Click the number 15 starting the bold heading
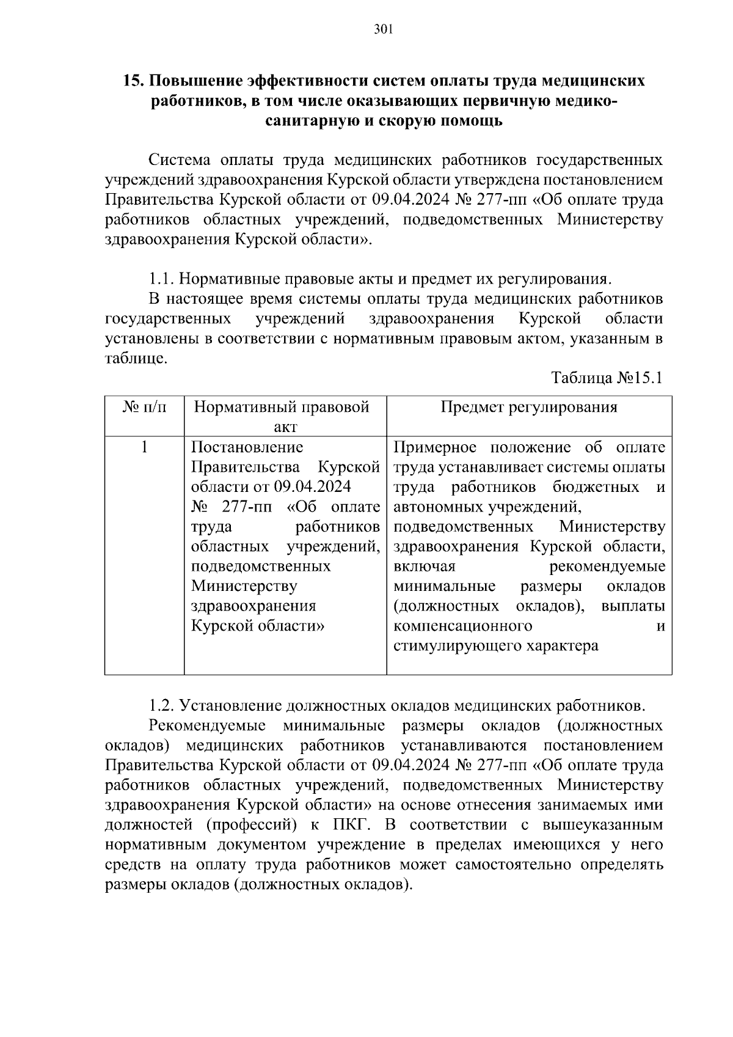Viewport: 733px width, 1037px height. click(133, 81)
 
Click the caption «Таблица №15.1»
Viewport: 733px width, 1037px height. click(607, 378)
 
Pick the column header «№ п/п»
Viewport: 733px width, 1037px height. click(144, 408)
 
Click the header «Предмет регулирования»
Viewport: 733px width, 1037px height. click(529, 408)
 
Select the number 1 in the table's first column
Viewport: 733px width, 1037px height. click(144, 447)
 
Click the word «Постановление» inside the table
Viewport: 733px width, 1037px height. click(247, 447)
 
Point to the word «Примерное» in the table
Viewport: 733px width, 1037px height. click(434, 447)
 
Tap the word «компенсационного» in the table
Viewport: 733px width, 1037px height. click(462, 626)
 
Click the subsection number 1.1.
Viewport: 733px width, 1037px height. click(162, 279)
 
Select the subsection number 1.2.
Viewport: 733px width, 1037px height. click(162, 706)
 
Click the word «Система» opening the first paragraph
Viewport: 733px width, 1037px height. click(180, 160)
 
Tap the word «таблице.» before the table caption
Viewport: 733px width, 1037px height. click(136, 359)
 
